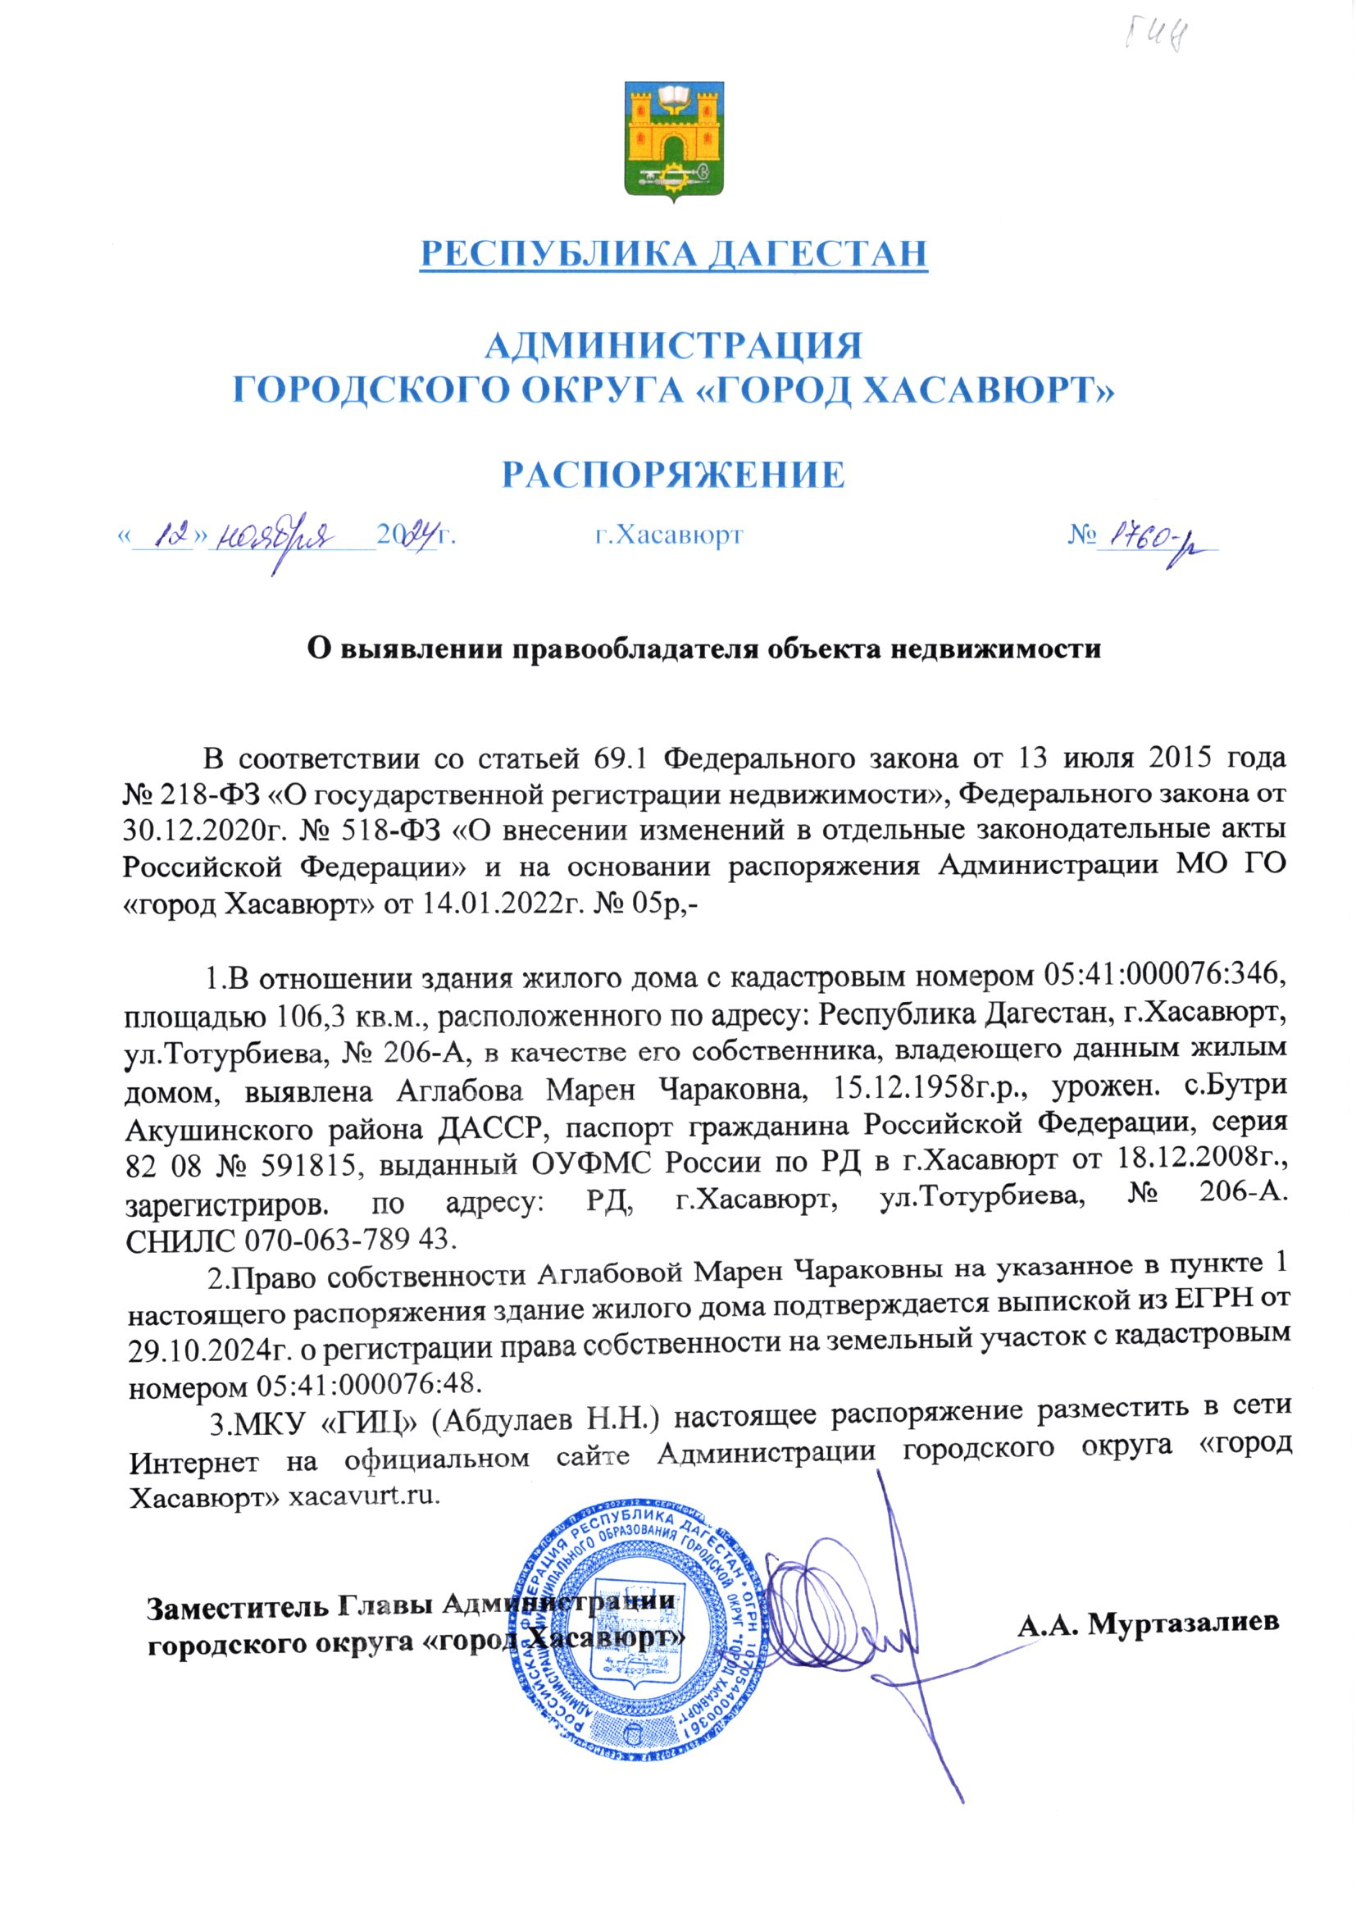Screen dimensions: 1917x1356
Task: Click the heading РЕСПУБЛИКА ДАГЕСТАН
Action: (x=673, y=253)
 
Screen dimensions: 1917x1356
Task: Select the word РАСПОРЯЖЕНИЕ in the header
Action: (x=673, y=474)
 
